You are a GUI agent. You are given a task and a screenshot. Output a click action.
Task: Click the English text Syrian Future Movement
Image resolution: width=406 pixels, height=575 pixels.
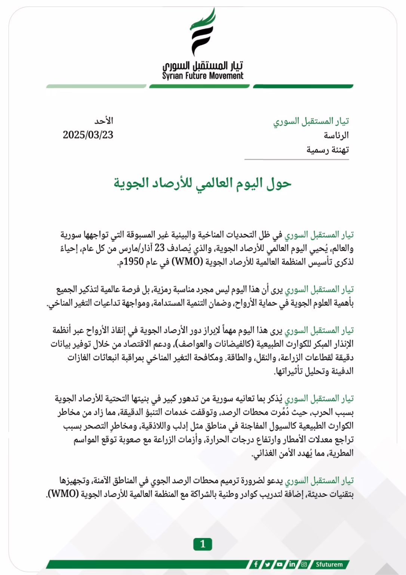pos(203,76)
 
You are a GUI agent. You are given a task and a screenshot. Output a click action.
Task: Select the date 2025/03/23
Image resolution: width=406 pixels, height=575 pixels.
pos(88,135)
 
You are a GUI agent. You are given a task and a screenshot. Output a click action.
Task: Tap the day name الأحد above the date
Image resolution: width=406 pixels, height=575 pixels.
pos(104,121)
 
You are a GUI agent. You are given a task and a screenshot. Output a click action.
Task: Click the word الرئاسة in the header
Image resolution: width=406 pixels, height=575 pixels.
pos(336,135)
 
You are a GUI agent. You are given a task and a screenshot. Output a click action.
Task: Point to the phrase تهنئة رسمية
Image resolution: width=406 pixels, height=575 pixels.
pos(327,150)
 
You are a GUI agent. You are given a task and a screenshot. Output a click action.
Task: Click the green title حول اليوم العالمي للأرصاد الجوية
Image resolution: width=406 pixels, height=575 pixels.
pos(202,183)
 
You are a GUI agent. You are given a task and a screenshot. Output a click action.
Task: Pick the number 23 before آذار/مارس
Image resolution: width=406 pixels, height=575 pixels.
pos(160,248)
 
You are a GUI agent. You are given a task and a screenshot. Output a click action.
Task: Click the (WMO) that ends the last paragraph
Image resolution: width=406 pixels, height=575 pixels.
pos(64,494)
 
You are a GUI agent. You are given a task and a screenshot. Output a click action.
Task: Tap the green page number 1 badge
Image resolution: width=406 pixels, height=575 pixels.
pos(203,544)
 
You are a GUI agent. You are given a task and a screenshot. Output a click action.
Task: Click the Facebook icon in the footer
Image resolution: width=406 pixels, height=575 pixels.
pos(256,564)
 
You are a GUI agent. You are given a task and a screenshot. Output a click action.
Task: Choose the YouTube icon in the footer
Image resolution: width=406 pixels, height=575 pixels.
pos(280,564)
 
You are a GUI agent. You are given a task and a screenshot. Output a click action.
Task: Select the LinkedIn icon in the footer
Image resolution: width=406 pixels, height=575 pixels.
pos(292,564)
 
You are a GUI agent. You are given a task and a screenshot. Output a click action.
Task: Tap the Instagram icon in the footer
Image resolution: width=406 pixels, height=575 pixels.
pos(304,564)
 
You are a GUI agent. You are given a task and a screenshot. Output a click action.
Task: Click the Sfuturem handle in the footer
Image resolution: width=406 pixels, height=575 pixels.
pos(329,564)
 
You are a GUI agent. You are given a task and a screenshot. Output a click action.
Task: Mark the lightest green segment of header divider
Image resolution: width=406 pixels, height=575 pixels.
pos(96,86)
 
